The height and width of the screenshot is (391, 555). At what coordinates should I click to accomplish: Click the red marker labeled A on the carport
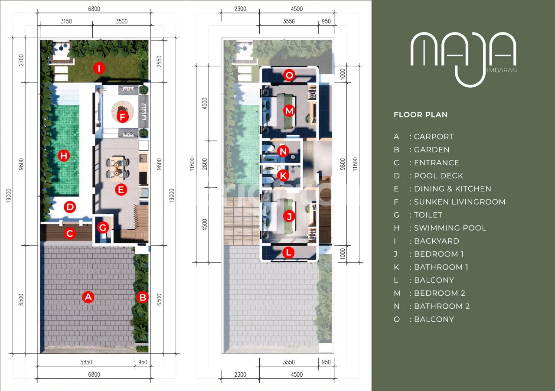coord(88,297)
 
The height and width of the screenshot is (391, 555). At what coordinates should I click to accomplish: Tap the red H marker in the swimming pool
coord(64,156)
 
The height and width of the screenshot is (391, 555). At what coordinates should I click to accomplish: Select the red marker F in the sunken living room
coord(122,117)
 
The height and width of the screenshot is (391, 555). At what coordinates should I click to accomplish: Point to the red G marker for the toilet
coord(103,228)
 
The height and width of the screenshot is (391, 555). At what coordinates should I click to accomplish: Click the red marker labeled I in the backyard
coord(99,68)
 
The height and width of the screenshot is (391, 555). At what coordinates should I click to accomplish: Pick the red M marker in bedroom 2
coord(289,111)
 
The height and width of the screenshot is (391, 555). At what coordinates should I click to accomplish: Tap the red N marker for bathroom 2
coord(283,151)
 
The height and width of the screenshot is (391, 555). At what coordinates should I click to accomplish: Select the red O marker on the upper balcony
coord(289,75)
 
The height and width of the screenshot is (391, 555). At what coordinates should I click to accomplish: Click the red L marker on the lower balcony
coord(289,252)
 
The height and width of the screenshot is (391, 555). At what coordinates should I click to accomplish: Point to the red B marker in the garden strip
coord(143,297)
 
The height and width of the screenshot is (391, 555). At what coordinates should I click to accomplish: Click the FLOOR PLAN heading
coord(421,115)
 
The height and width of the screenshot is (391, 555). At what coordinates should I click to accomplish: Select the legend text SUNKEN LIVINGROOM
coord(460,202)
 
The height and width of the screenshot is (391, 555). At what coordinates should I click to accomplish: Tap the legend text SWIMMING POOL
coord(450,228)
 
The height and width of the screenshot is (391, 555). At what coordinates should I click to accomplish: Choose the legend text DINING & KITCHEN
coord(452,189)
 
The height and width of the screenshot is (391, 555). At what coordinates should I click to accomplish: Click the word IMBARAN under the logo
coord(502,70)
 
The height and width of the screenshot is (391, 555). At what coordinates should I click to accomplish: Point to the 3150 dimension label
coord(66,21)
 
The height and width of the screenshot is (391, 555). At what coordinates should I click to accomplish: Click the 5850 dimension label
coord(86,362)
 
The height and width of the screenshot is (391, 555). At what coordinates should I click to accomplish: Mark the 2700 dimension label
coord(21,60)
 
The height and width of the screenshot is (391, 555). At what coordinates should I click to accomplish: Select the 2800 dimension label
coord(204,164)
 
